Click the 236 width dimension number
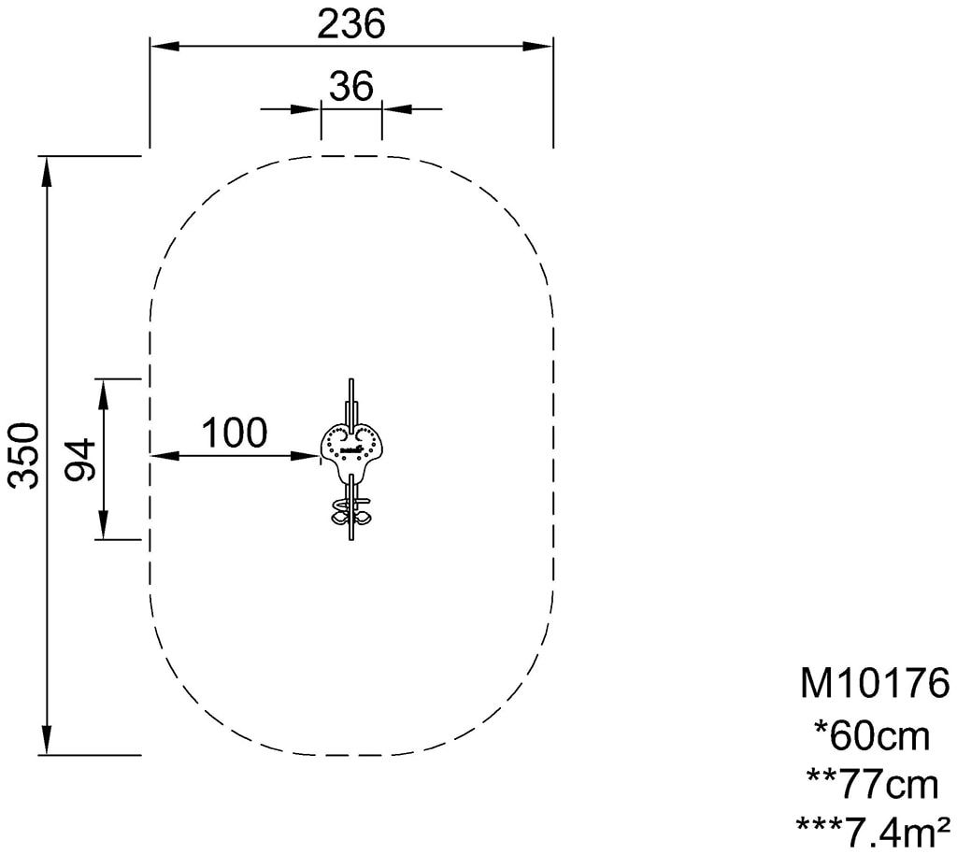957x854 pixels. point(351,24)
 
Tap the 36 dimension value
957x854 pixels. point(351,86)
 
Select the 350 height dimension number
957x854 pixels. point(23,455)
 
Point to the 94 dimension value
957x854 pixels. point(80,459)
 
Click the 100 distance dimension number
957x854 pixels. point(235,433)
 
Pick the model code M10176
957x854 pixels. point(875,683)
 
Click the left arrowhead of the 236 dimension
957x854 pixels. point(164,47)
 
